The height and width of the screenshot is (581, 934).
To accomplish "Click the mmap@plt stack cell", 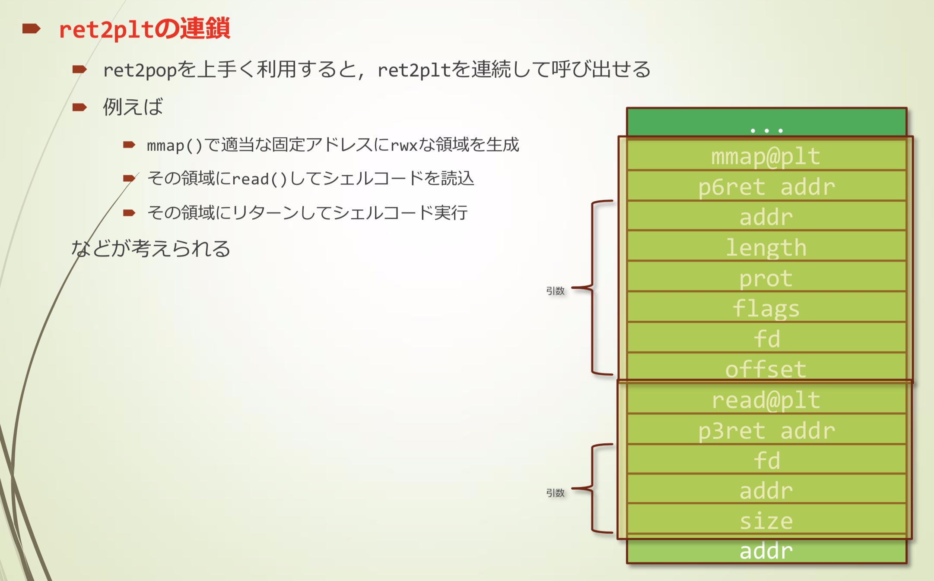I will pyautogui.click(x=766, y=156).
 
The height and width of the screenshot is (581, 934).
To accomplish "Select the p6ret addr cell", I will pyautogui.click(x=766, y=186).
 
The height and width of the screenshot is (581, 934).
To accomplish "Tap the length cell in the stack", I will pyautogui.click(x=766, y=247).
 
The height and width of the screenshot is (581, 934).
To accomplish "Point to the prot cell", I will pyautogui.click(x=766, y=278).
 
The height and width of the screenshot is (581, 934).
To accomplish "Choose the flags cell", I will pyautogui.click(x=766, y=308).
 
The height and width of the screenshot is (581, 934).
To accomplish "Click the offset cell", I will pyautogui.click(x=766, y=369).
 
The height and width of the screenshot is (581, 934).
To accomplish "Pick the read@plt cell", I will pyautogui.click(x=766, y=400).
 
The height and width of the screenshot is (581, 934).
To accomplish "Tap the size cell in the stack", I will pyautogui.click(x=766, y=521).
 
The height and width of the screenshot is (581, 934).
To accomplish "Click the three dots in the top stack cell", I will pyautogui.click(x=766, y=130).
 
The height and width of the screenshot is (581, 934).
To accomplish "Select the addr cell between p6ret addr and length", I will pyautogui.click(x=766, y=217).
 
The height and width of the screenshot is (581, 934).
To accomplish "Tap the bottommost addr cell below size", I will pyautogui.click(x=766, y=551).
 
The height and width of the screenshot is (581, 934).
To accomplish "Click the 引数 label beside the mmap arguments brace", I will pyautogui.click(x=555, y=291).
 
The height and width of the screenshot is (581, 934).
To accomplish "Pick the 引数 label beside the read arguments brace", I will pyautogui.click(x=555, y=493).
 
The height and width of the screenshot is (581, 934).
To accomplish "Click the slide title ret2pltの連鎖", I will pyautogui.click(x=144, y=29).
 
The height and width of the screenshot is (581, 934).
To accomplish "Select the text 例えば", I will pyautogui.click(x=133, y=107).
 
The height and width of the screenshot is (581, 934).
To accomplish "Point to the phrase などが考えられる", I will pyautogui.click(x=151, y=249).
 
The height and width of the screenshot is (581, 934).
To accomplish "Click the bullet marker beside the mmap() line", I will pyautogui.click(x=129, y=145).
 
